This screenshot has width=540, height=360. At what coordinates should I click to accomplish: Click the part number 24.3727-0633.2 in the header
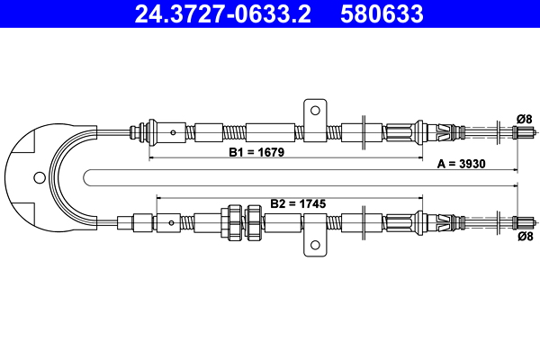coord(222,13)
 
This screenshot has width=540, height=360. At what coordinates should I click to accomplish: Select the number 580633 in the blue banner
coord(382,13)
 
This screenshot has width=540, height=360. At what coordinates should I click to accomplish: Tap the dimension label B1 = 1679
coord(256,152)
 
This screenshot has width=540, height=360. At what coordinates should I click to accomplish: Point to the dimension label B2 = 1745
coord(298,203)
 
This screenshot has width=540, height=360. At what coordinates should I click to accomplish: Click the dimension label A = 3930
coord(461,164)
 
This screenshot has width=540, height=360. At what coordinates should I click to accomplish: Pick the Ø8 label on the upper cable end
coord(525,119)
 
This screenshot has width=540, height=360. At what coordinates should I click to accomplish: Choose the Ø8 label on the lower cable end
coord(526,236)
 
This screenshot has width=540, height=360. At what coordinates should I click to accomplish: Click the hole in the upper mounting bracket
coord(315,111)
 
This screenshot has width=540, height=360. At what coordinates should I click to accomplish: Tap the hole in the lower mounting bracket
coord(315,245)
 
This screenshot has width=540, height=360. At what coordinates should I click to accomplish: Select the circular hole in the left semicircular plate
coord(40,178)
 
